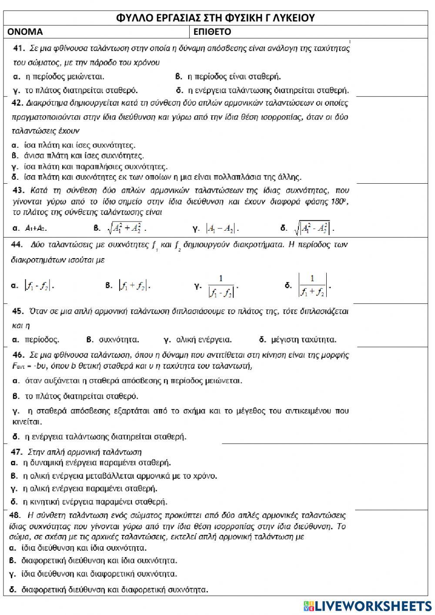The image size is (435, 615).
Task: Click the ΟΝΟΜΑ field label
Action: tap(25, 32)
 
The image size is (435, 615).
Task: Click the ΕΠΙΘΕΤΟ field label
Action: tap(212, 32)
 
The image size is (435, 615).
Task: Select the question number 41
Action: tap(18, 48)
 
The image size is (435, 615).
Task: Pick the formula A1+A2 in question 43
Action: tap(36, 228)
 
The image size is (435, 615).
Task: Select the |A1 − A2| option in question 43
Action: tap(223, 228)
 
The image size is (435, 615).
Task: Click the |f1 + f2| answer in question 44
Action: tap(134, 286)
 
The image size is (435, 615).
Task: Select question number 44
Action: tap(17, 245)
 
